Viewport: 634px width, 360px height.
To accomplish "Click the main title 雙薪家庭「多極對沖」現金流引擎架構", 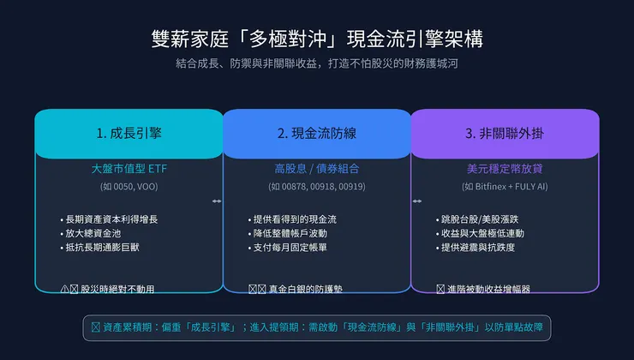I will coord(316,39).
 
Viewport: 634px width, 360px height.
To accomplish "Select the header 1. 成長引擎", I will coord(129,134).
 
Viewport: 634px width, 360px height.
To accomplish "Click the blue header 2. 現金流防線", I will coord(316,134).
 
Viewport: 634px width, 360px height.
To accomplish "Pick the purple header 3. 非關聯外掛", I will coord(505,134).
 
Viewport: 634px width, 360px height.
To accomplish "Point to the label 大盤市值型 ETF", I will coord(129,169).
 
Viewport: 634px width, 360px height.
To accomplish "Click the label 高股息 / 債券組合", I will coord(316,169).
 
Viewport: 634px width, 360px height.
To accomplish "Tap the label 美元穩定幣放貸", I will coord(505,169).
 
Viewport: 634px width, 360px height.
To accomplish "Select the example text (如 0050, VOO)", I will coord(129,186).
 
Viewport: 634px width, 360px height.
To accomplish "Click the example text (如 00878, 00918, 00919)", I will coord(316,186).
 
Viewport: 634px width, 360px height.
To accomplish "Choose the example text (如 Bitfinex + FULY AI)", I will coord(505,186).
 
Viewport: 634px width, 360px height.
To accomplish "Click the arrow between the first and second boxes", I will coord(217,201).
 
